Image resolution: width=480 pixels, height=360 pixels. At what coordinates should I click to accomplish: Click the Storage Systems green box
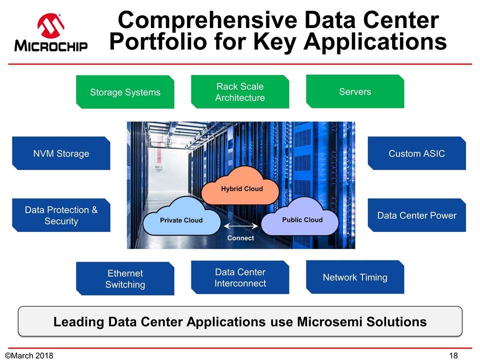point(125,92)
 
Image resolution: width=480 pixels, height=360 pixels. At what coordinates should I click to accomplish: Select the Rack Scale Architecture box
point(240,92)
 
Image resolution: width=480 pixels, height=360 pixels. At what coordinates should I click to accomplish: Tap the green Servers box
point(355,91)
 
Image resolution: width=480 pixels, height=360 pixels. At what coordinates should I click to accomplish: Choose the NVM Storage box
point(61,153)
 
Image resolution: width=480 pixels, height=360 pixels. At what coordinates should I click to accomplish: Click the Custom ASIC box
point(416,153)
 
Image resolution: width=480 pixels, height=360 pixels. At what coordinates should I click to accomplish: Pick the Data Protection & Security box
point(61,215)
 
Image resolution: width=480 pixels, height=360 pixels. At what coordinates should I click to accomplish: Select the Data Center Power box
point(416,215)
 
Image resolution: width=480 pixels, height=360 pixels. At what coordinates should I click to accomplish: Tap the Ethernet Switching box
point(125,279)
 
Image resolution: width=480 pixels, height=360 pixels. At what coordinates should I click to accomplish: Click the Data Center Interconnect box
point(240,277)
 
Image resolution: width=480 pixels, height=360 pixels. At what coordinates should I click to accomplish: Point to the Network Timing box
point(355,277)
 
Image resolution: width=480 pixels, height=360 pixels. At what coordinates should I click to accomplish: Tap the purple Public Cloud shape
point(302,218)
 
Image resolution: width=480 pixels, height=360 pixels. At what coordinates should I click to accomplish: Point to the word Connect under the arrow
point(240,238)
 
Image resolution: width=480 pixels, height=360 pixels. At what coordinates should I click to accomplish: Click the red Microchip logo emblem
point(49,26)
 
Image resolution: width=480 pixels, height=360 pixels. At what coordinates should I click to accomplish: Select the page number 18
point(453,355)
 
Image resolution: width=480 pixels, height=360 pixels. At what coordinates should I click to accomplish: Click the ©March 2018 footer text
point(28,355)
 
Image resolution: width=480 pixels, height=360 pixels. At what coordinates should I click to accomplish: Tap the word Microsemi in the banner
point(328,321)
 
